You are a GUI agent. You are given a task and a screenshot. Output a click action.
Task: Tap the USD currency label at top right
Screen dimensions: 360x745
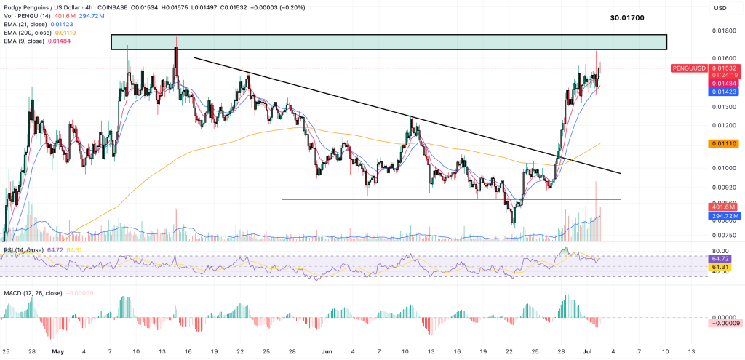pos(721,8)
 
